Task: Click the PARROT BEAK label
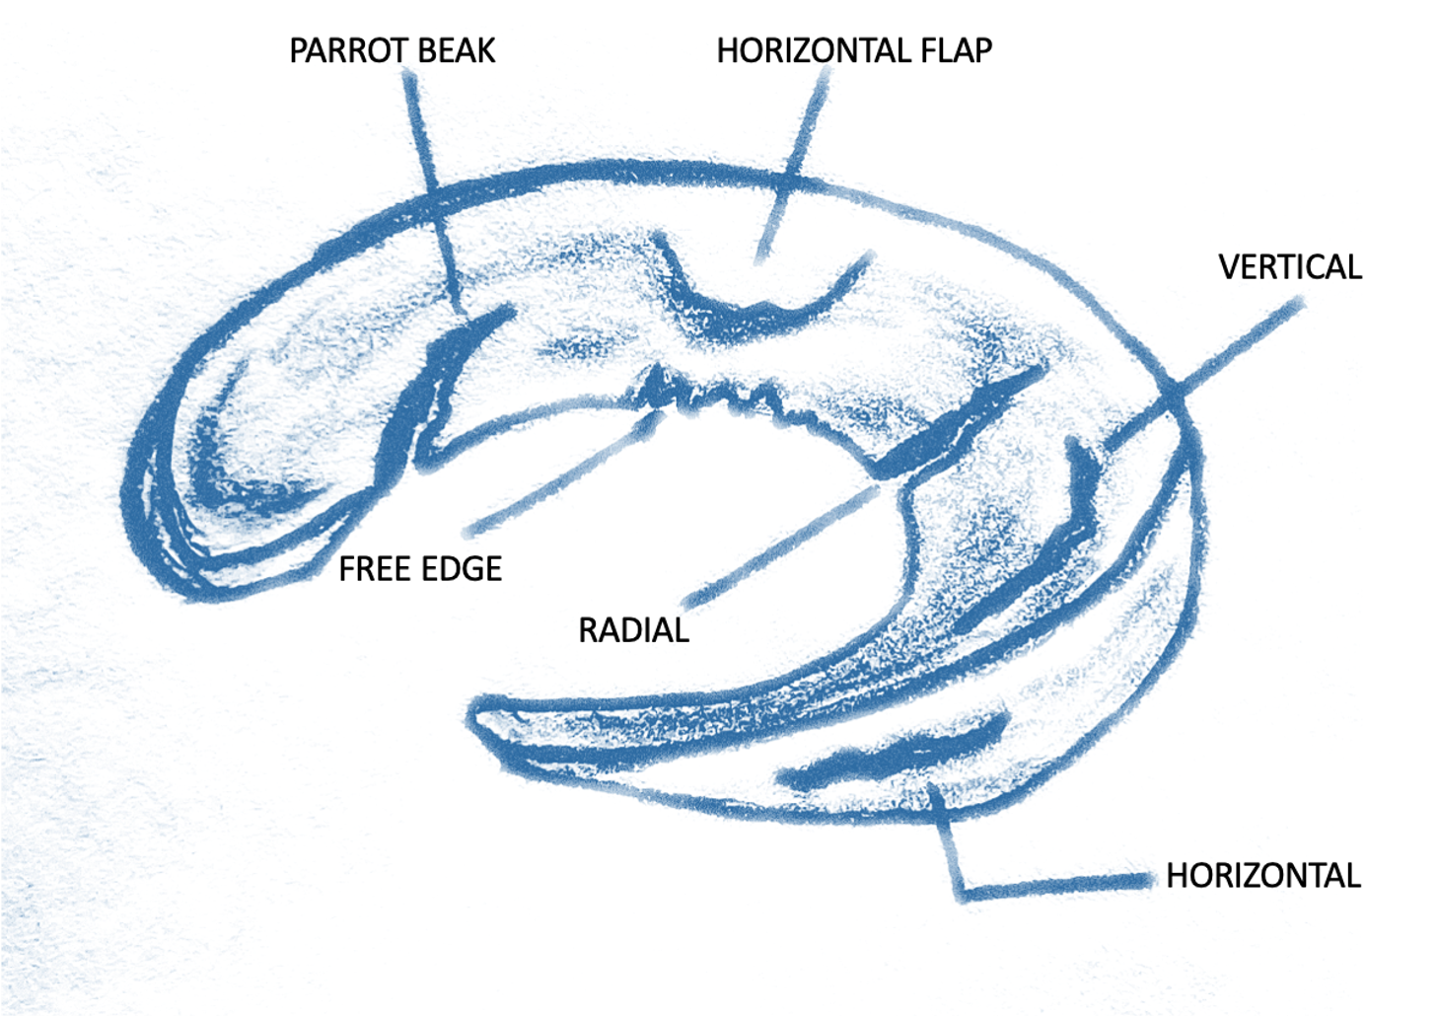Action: (x=392, y=51)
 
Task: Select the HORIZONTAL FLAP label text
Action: (x=853, y=51)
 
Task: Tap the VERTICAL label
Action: (x=1289, y=267)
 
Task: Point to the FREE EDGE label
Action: (x=420, y=569)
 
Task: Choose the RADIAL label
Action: (x=633, y=630)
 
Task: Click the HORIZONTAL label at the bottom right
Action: (x=1262, y=876)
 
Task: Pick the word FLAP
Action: (x=956, y=51)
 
